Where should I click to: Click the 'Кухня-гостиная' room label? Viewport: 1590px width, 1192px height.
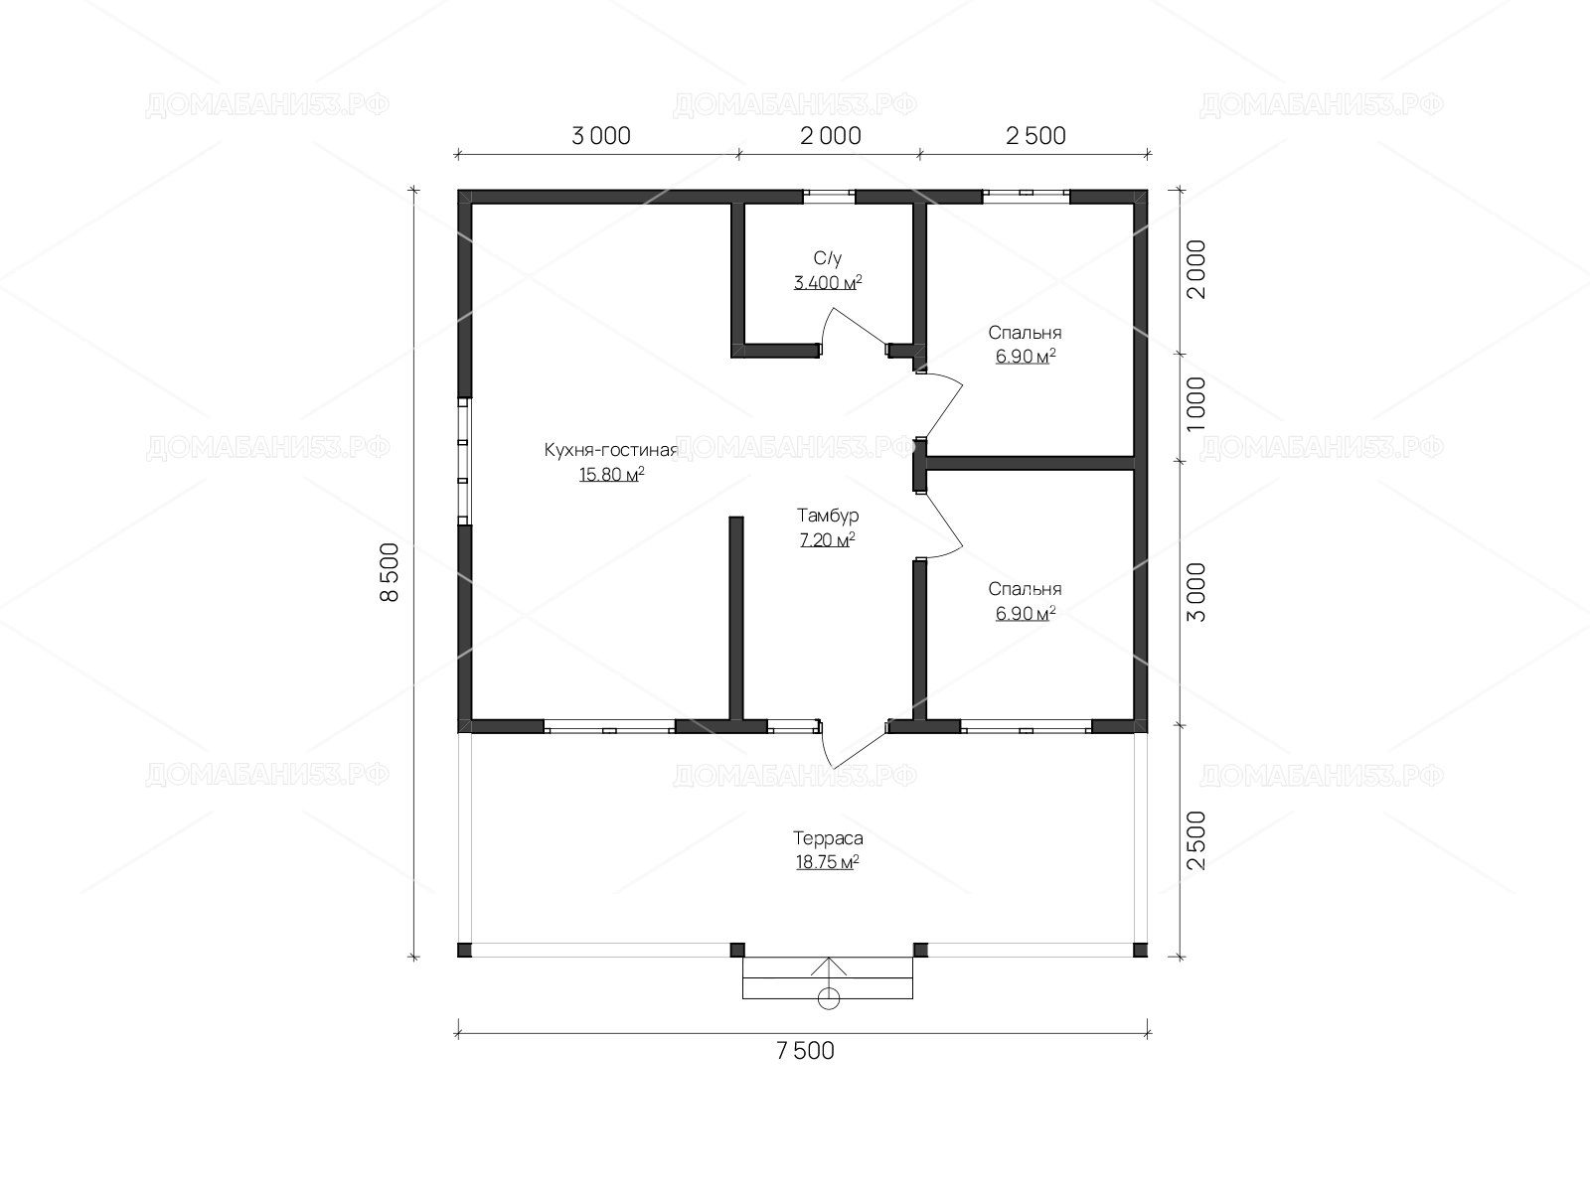click(610, 450)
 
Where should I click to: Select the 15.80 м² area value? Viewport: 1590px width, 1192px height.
click(611, 475)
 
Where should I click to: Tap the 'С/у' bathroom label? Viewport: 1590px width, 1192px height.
click(827, 258)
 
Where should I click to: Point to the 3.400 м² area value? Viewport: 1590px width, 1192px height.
click(827, 282)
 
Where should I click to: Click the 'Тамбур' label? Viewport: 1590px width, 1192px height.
click(827, 516)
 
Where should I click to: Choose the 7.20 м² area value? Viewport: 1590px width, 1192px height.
click(827, 540)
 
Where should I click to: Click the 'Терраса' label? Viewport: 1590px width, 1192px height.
click(827, 838)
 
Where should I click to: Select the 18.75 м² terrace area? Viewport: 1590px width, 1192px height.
click(827, 862)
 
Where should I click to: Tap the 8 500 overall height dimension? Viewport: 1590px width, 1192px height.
click(389, 572)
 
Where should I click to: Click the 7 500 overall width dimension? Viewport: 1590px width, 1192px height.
click(805, 1051)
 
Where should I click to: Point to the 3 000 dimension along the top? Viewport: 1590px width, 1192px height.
click(600, 136)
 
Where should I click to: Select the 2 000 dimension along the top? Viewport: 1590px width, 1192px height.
click(830, 136)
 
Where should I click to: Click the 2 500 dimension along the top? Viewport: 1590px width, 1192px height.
click(1035, 136)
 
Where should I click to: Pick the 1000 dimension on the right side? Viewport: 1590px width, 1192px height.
click(1196, 404)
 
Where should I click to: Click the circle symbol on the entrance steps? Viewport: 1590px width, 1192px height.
click(828, 998)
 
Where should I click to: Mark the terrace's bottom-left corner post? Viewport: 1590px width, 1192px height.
click(464, 950)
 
